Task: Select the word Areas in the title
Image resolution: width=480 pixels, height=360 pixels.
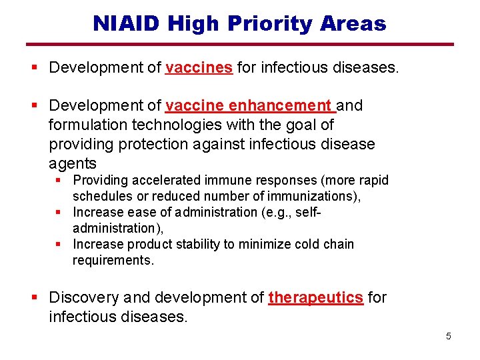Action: [353, 24]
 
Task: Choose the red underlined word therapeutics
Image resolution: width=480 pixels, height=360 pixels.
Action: [316, 298]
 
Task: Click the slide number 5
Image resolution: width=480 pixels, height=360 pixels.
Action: [448, 336]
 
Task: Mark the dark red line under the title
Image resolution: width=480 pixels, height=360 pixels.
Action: [240, 45]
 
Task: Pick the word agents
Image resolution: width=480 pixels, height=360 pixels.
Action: [73, 163]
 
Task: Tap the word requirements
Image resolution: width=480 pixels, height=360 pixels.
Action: [113, 260]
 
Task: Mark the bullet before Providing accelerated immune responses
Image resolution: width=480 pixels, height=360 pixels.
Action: [59, 181]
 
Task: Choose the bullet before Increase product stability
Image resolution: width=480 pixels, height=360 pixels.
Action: [59, 244]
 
